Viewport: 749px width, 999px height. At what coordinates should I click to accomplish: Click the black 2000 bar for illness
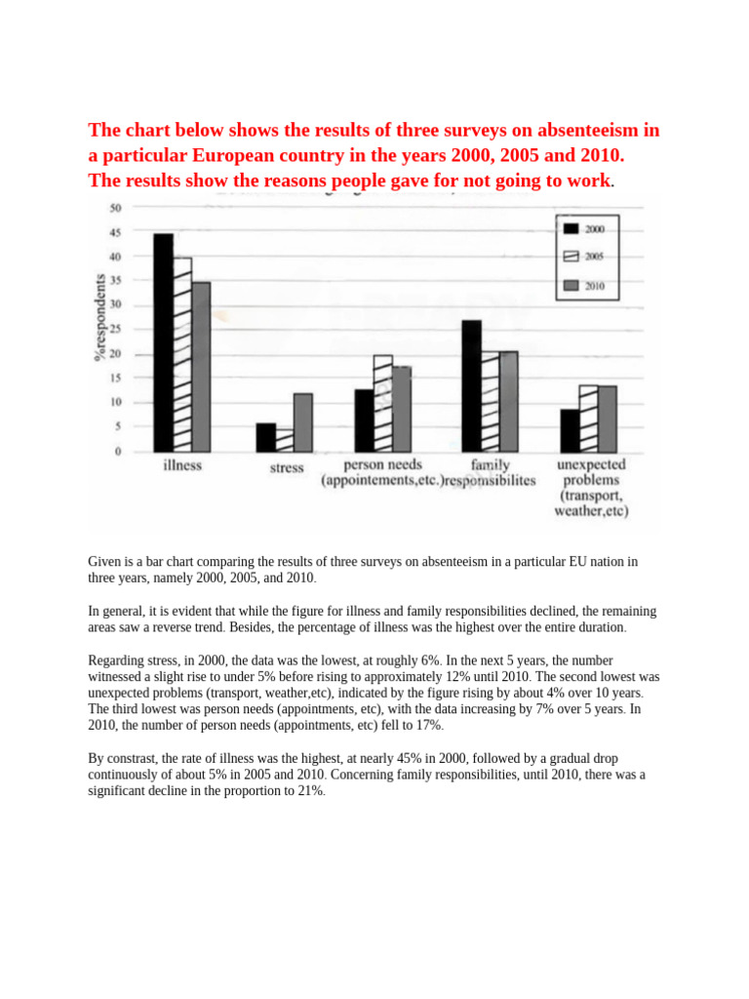163,341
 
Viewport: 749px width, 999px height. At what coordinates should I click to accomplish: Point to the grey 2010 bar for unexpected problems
607,419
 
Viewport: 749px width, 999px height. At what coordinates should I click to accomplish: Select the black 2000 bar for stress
265,437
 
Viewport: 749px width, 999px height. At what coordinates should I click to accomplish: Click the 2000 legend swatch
572,228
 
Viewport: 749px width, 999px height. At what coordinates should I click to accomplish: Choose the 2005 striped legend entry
572,257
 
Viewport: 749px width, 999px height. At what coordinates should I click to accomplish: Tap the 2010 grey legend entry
572,286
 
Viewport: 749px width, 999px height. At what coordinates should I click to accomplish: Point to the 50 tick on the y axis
115,208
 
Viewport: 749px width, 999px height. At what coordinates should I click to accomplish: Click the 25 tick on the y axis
115,330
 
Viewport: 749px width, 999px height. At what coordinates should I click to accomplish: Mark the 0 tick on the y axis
118,452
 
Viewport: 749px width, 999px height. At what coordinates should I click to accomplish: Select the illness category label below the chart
181,466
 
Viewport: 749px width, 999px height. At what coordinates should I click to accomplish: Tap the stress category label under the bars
286,468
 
